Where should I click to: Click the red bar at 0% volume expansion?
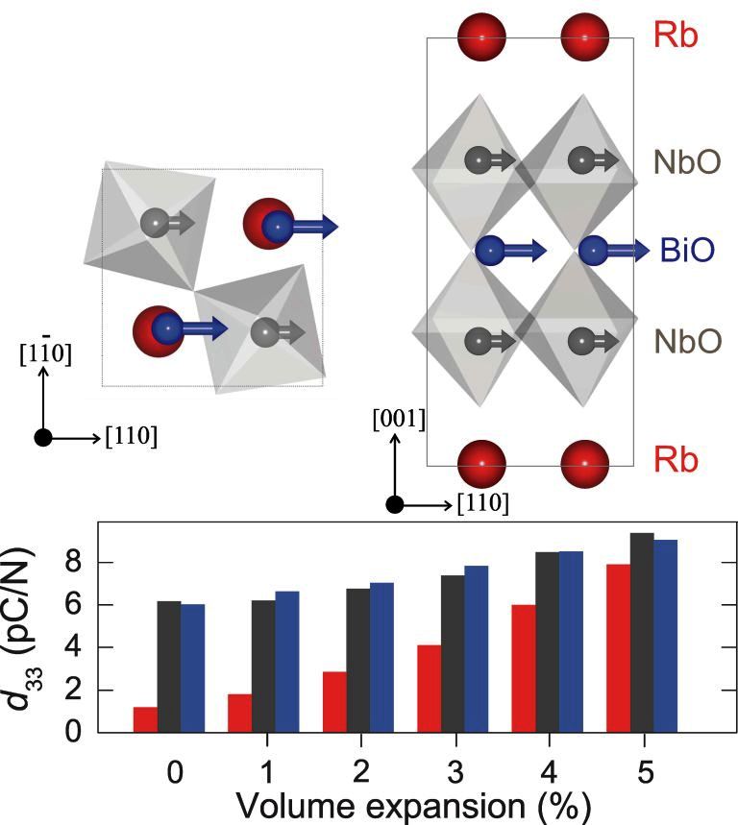[145, 719]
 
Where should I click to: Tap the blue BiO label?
[686, 252]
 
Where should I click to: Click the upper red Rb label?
[677, 36]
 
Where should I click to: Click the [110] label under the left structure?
[134, 438]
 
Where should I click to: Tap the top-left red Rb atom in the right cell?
[481, 37]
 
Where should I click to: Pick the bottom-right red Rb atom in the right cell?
[584, 462]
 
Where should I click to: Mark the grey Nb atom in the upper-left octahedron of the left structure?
[154, 223]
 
